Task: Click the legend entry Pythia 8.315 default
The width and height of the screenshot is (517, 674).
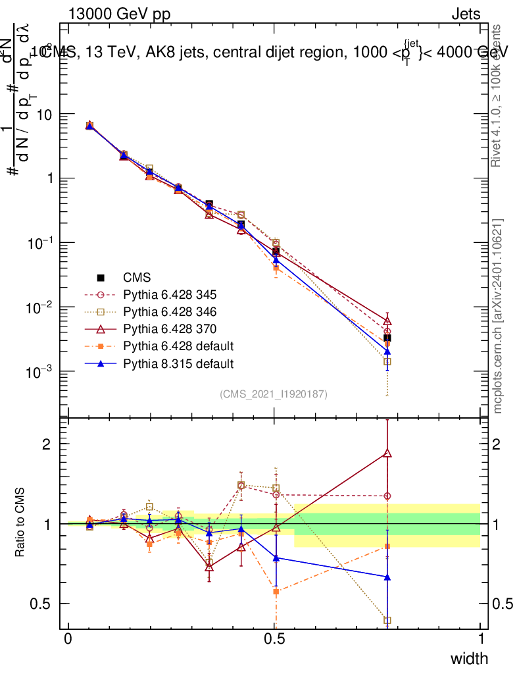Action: [178, 363]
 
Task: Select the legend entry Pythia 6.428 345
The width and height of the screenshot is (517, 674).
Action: [170, 294]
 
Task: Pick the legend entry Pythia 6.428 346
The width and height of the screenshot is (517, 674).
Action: [170, 311]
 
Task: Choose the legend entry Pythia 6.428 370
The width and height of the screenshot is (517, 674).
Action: [170, 328]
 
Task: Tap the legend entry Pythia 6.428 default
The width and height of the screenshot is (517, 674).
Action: [178, 346]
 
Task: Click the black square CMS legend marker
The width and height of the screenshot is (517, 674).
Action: [101, 277]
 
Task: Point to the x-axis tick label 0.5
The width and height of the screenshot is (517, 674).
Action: [274, 638]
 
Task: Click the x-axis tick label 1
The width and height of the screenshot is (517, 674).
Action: [481, 638]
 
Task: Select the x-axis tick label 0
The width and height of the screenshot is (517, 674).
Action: [68, 638]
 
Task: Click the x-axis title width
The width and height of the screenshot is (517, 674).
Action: [469, 659]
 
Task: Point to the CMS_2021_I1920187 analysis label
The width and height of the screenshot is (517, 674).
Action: [274, 394]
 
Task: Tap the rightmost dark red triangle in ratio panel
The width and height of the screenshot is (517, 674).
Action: [387, 453]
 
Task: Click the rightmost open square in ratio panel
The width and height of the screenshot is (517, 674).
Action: [387, 620]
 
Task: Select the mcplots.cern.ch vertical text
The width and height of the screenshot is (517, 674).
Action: [498, 316]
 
